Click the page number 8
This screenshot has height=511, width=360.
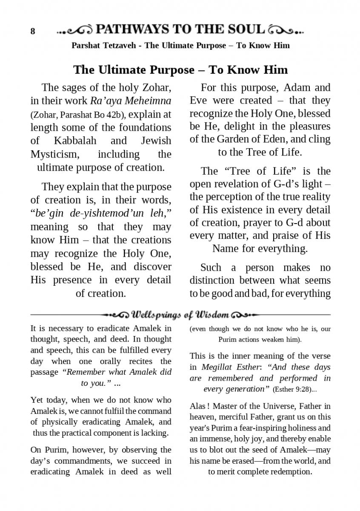(33, 32)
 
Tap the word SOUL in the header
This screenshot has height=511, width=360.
(244, 29)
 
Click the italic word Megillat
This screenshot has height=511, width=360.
(217, 367)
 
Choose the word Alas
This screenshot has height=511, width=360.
(198, 406)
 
